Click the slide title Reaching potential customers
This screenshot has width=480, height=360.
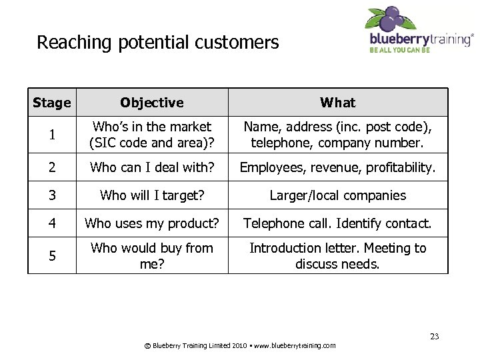[x=157, y=43]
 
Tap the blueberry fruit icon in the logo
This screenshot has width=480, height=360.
[x=391, y=18]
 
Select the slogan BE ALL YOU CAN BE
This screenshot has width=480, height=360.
[x=400, y=50]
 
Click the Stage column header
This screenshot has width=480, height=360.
[x=51, y=103]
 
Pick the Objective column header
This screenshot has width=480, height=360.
[x=152, y=103]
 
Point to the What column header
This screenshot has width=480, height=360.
[x=337, y=103]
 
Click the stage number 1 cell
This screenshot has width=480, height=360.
[x=51, y=135]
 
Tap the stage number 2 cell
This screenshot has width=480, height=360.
[x=51, y=168]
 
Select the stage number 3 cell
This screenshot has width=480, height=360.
[x=51, y=195]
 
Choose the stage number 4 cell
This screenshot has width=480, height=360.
[x=51, y=223]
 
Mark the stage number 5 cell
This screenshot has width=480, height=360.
[x=51, y=256]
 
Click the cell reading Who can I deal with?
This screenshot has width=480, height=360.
[x=152, y=168]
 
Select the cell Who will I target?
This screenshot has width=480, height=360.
[x=152, y=195]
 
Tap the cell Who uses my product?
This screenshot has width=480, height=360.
[x=152, y=223]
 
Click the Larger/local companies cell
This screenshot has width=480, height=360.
[x=337, y=195]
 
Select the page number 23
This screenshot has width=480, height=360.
[x=434, y=336]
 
